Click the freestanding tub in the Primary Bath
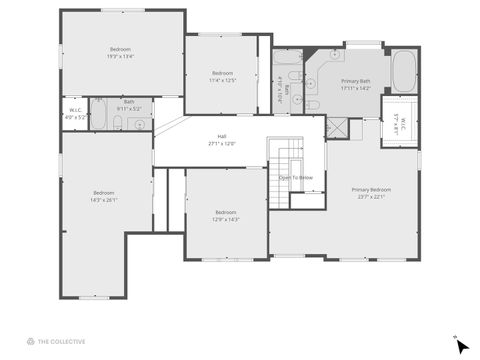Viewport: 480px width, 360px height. pos(404,72)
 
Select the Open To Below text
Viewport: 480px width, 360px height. pos(296,177)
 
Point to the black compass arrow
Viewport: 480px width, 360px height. pos(461,346)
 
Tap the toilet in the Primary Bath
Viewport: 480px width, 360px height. pos(313,103)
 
